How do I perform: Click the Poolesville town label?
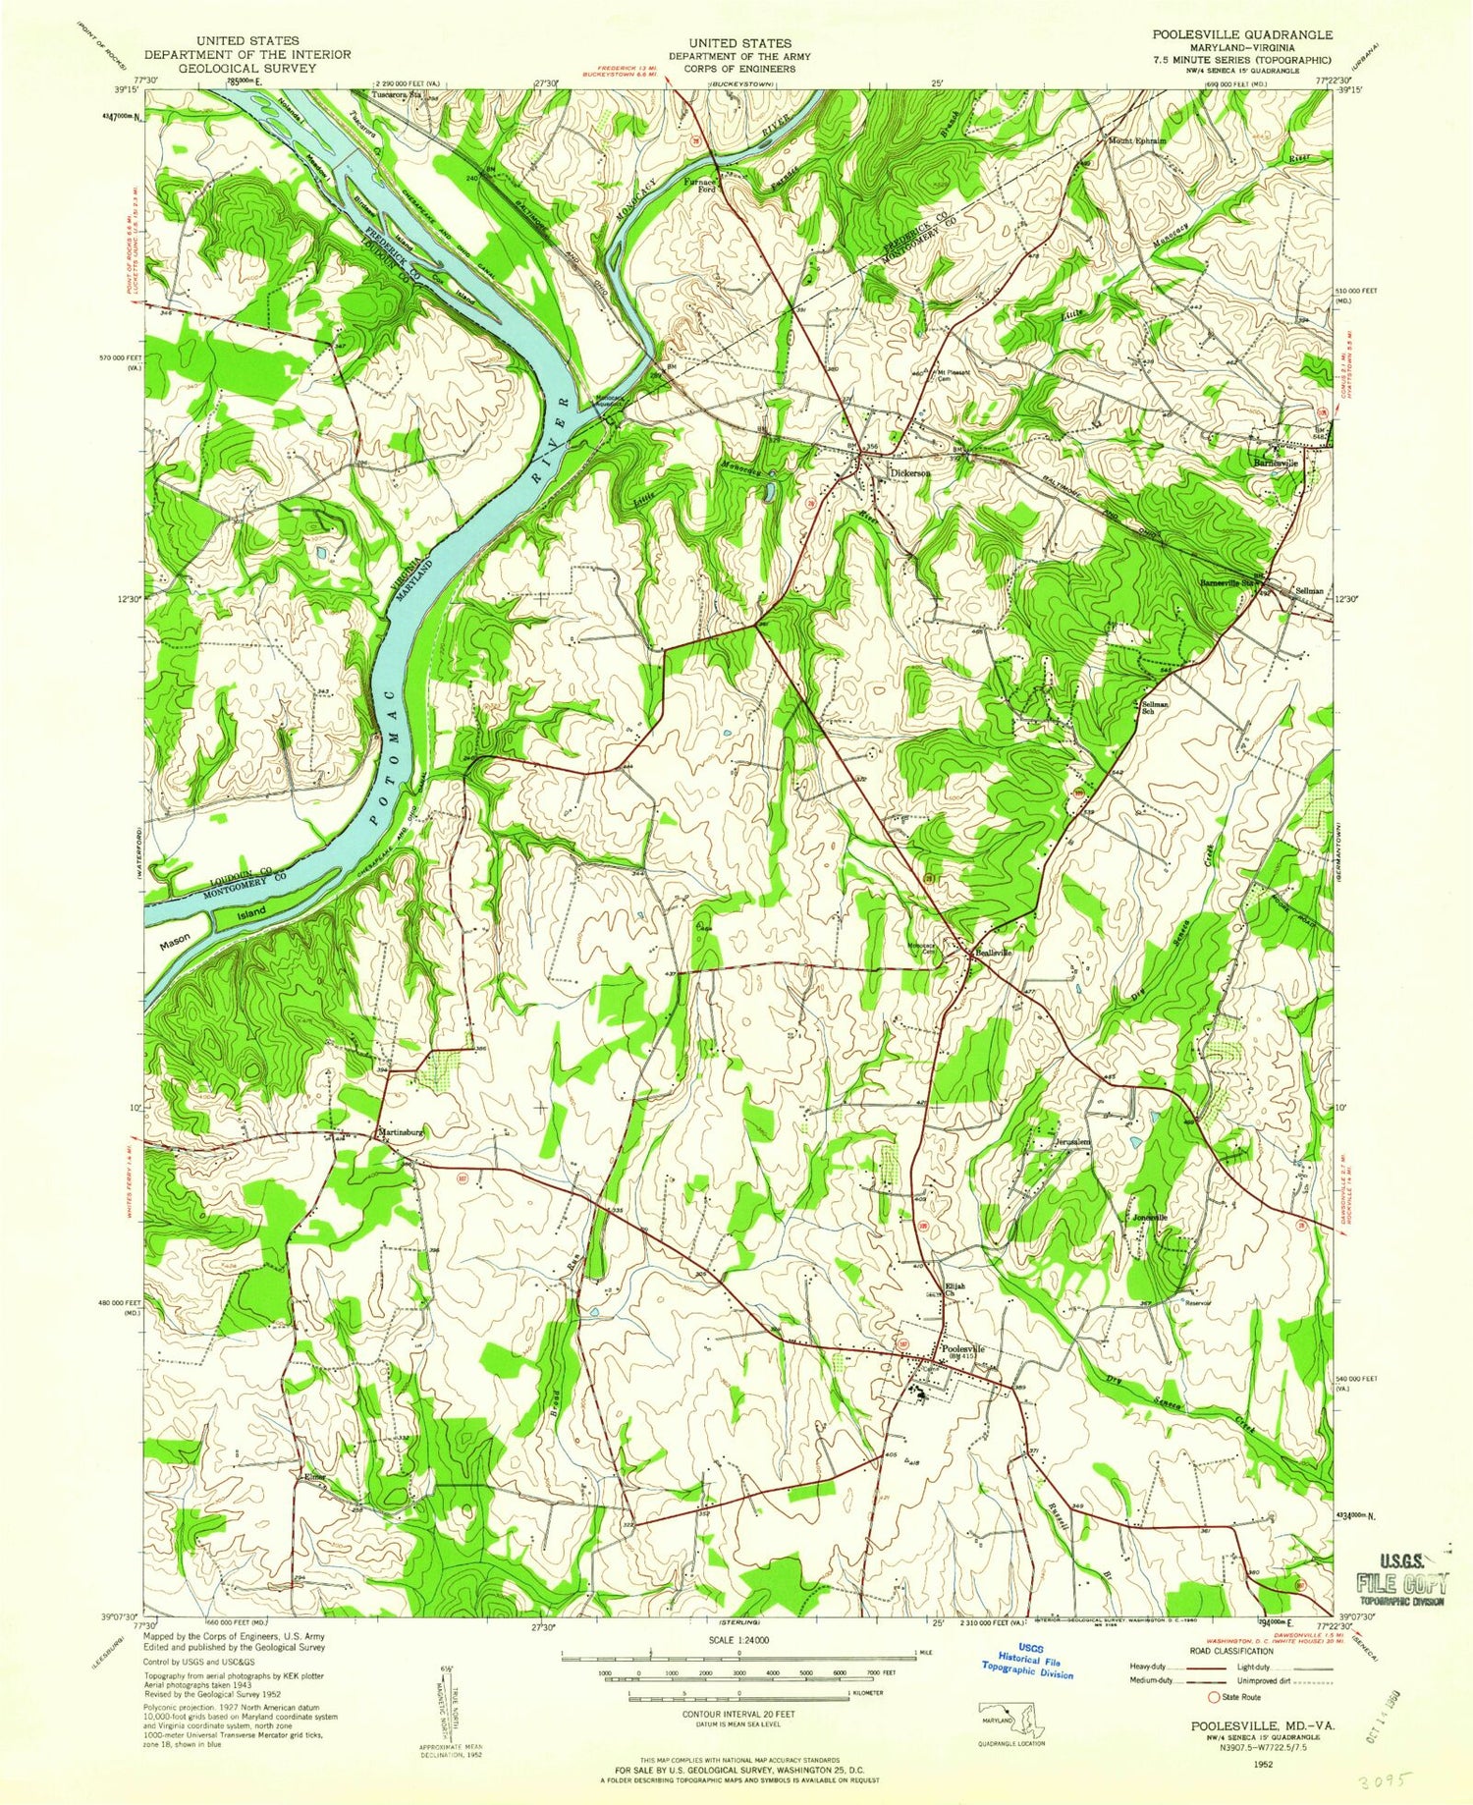click(x=962, y=1348)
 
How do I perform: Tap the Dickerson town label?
click(x=910, y=472)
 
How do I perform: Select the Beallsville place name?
click(x=993, y=952)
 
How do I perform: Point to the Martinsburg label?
click(x=400, y=1132)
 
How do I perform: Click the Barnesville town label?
click(x=1276, y=463)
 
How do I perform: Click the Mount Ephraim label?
click(x=1136, y=140)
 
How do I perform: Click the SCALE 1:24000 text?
click(x=737, y=1640)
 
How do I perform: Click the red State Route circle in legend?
click(x=1214, y=1696)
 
